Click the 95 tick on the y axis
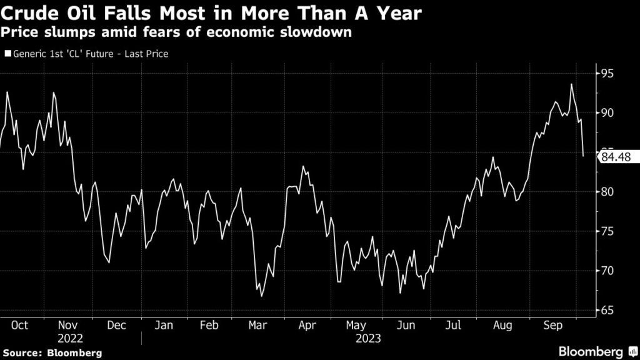607,74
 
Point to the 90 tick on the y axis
607,113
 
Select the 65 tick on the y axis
607,311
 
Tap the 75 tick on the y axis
607,232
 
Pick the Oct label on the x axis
20,326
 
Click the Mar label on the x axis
257,326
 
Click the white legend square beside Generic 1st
7,54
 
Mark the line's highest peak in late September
571,84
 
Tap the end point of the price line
583,156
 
